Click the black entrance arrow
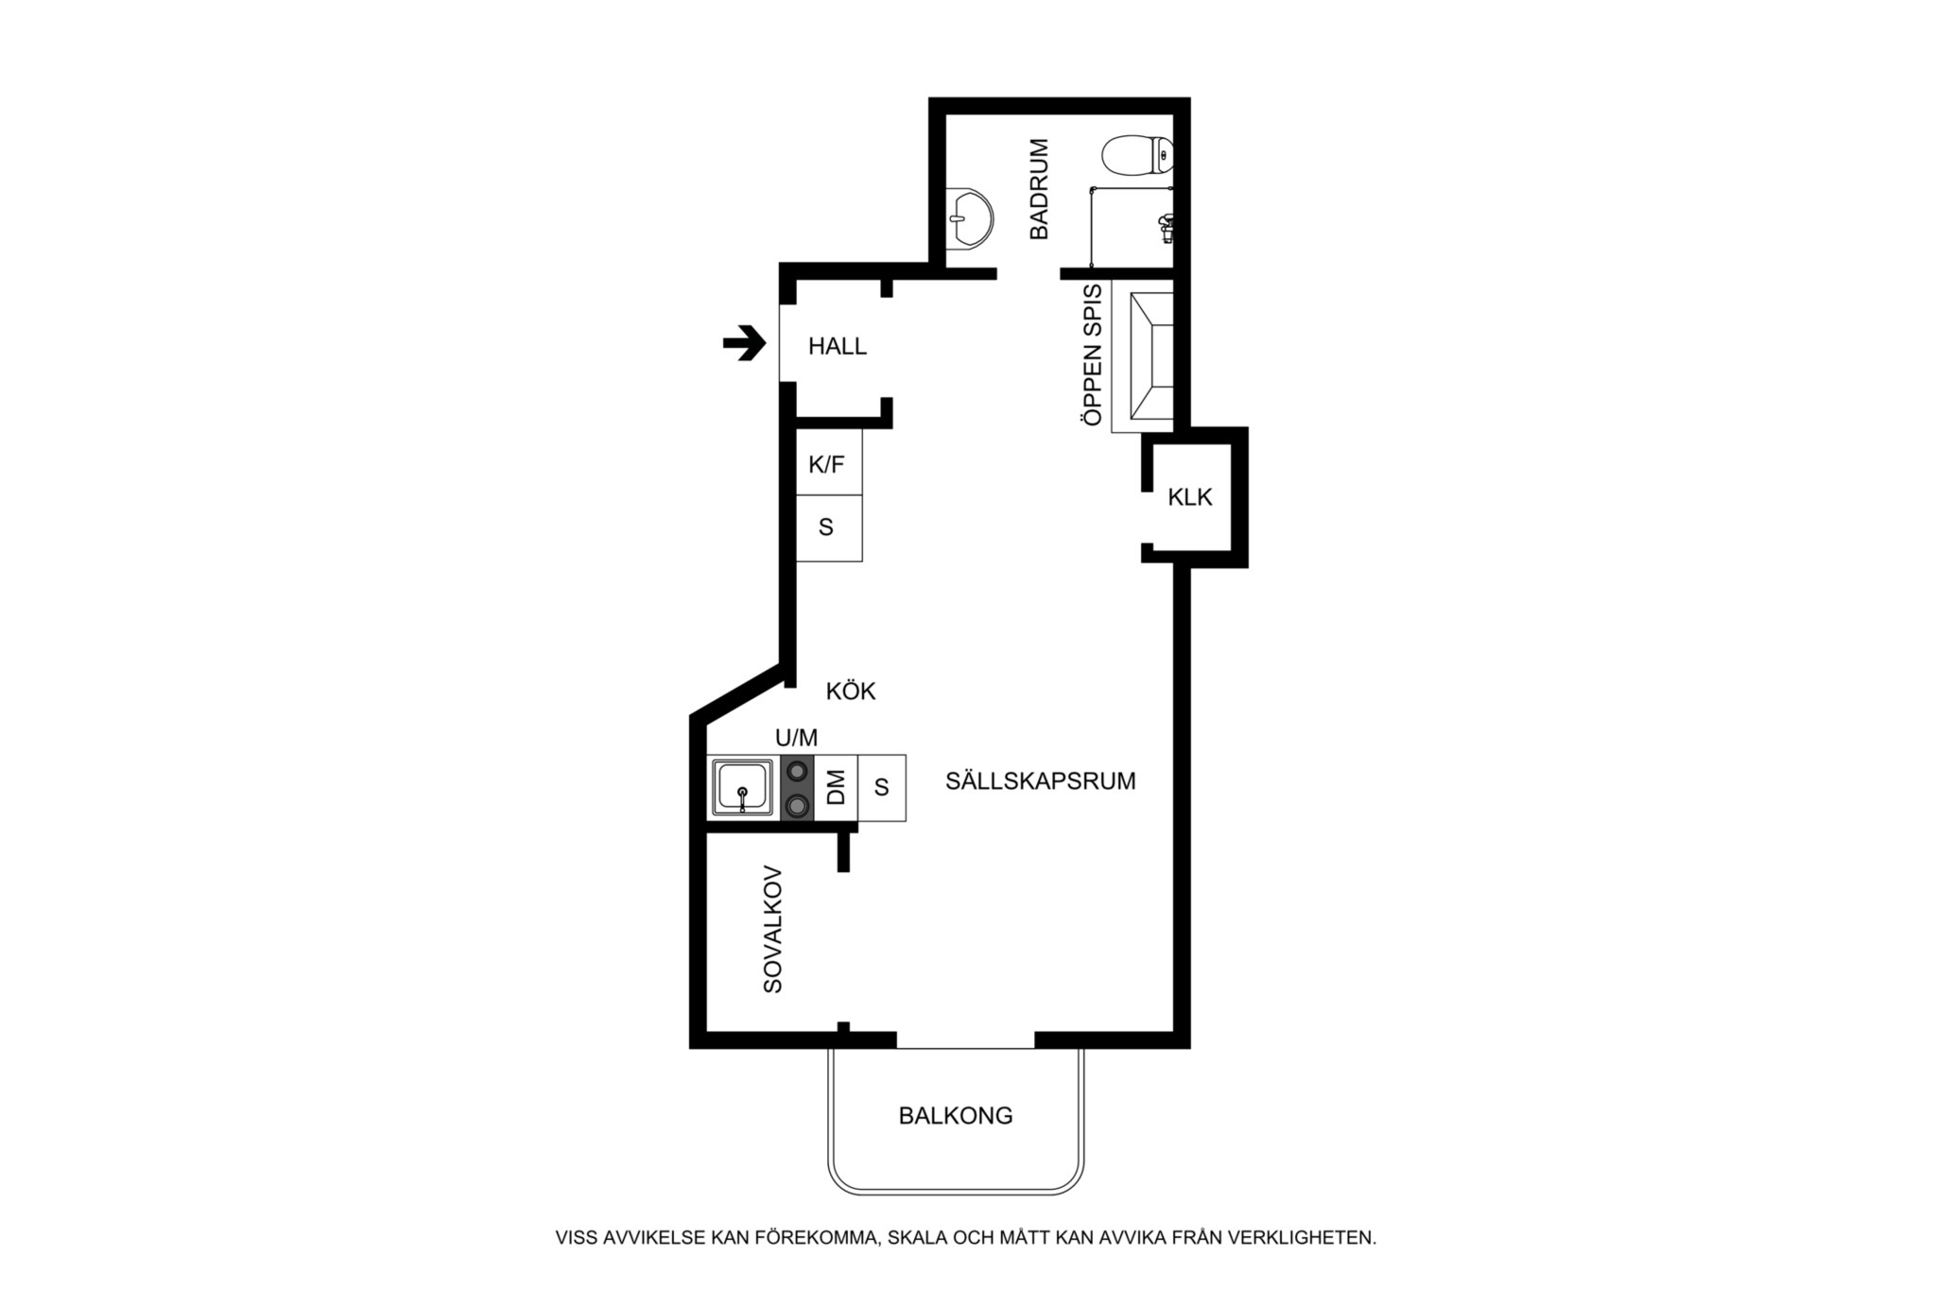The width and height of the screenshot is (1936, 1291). pyautogui.click(x=745, y=343)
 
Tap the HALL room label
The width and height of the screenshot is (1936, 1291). pyautogui.click(x=838, y=347)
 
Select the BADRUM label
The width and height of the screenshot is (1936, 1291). pyautogui.click(x=1039, y=189)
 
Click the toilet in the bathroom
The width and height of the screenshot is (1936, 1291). pyautogui.click(x=1138, y=156)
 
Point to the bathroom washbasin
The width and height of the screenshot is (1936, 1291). pyautogui.click(x=969, y=220)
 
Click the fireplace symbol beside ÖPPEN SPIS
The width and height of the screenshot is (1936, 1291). pyautogui.click(x=1142, y=356)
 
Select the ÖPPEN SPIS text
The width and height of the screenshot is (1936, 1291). pyautogui.click(x=1093, y=355)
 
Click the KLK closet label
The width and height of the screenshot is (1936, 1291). pyautogui.click(x=1189, y=497)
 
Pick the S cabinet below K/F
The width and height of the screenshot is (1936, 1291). pyautogui.click(x=829, y=528)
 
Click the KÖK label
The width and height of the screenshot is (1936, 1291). pyautogui.click(x=851, y=691)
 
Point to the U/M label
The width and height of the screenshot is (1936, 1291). pyautogui.click(x=797, y=738)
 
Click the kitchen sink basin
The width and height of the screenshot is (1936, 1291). pyautogui.click(x=742, y=787)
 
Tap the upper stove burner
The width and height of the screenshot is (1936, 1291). pyautogui.click(x=798, y=771)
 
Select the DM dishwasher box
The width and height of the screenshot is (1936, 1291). pyautogui.click(x=836, y=787)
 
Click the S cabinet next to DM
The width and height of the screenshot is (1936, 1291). pyautogui.click(x=882, y=787)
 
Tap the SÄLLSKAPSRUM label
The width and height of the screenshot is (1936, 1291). pyautogui.click(x=1041, y=781)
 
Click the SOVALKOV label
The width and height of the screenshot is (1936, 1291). pyautogui.click(x=773, y=929)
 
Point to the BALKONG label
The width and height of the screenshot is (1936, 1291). pyautogui.click(x=956, y=1116)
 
